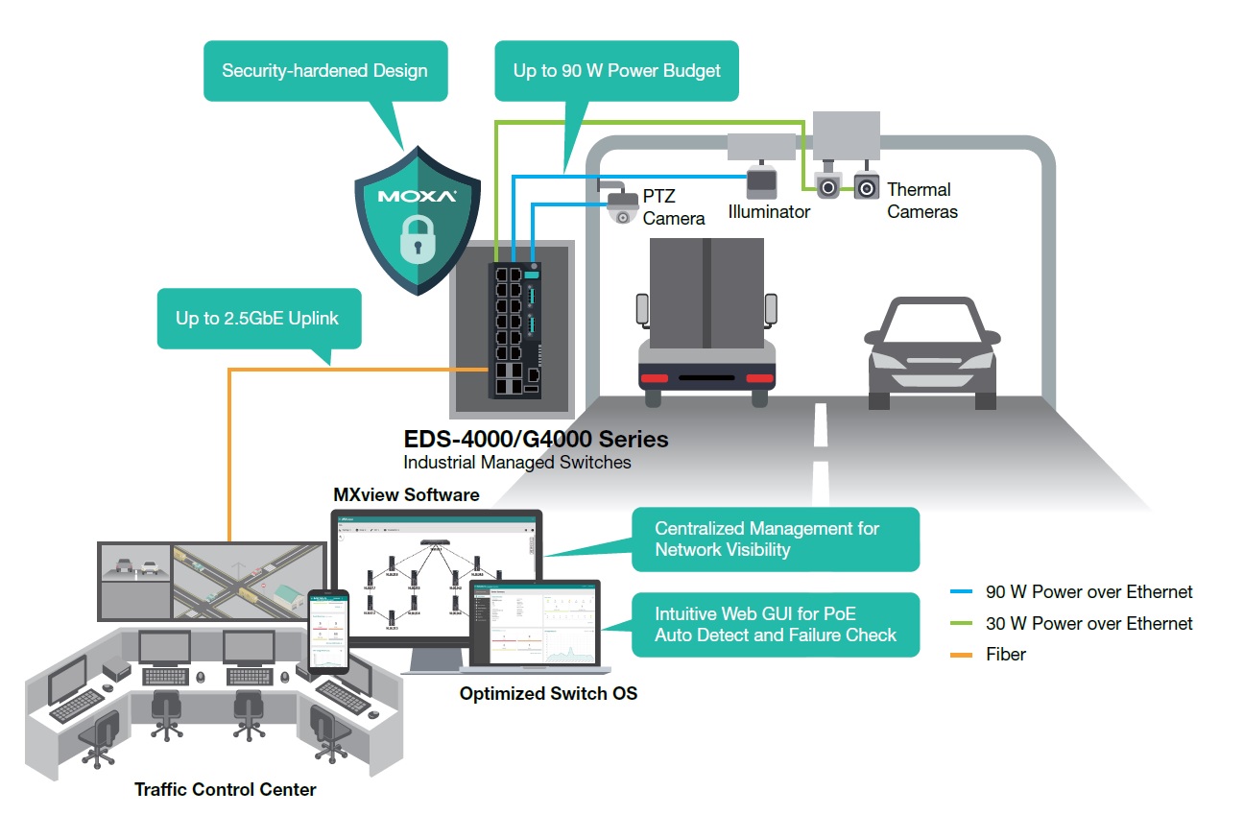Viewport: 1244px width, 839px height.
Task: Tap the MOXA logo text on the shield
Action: coord(416,197)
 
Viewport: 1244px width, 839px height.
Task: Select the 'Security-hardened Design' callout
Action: coord(325,71)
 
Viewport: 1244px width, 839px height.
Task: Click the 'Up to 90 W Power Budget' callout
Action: coord(616,71)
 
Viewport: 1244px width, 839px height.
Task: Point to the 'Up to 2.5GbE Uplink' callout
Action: coord(258,319)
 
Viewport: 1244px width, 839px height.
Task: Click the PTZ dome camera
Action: coord(622,205)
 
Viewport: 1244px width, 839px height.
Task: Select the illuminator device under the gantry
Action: coord(764,181)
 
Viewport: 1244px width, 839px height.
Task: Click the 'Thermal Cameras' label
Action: coord(921,201)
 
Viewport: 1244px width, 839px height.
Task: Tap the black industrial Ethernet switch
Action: coord(516,328)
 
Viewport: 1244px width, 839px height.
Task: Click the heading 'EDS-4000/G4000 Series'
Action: coord(536,440)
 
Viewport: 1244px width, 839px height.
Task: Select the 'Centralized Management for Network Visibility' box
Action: coord(775,539)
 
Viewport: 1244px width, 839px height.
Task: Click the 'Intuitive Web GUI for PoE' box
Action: coord(775,624)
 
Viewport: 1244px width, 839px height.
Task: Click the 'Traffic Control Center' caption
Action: coord(225,790)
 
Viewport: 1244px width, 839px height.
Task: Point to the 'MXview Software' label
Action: coord(406,495)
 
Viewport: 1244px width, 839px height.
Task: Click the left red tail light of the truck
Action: coord(655,377)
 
